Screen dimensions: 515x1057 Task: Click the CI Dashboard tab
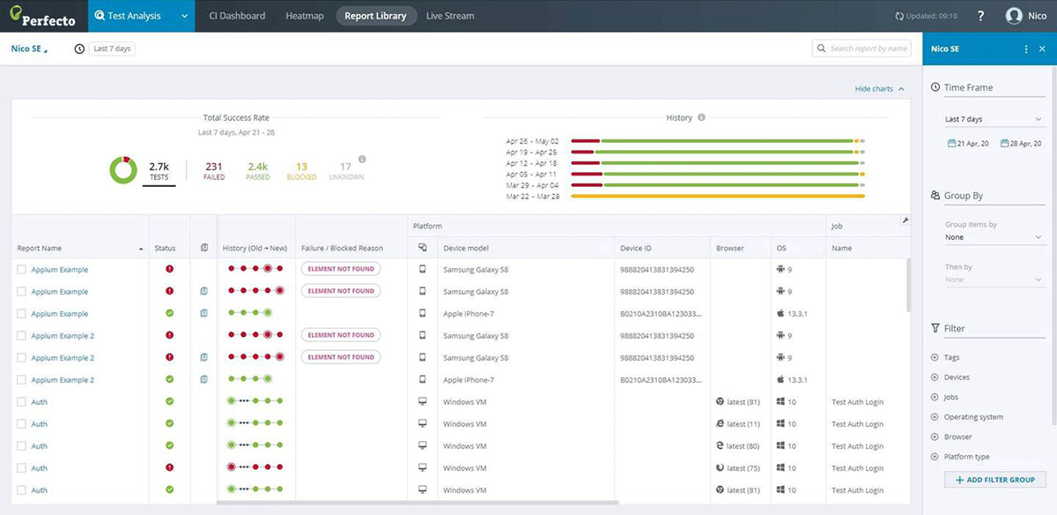tap(237, 16)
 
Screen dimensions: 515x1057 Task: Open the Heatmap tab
tap(305, 16)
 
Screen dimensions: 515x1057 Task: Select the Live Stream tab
tap(449, 16)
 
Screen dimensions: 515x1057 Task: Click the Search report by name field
tap(868, 49)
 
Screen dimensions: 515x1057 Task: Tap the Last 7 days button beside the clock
tap(112, 49)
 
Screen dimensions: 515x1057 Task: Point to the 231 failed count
tap(213, 168)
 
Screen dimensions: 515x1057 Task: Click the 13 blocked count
tap(301, 168)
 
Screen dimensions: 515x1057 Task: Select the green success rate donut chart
tap(122, 169)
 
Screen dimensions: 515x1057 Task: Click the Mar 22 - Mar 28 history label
tap(532, 196)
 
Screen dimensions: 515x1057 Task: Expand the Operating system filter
tap(973, 417)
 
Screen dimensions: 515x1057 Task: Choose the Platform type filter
tap(966, 457)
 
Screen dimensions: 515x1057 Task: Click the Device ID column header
tap(635, 249)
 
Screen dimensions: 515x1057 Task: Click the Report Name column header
tap(40, 249)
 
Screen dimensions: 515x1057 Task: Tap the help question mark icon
tap(981, 16)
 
